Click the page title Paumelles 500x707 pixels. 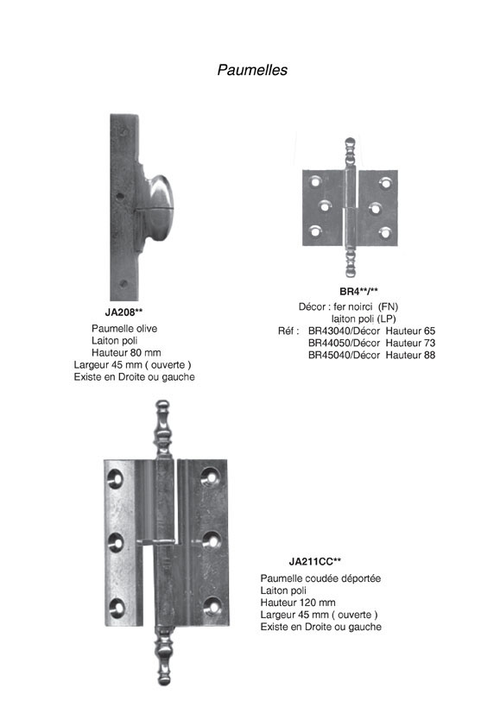(252, 70)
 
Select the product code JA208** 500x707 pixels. (123, 312)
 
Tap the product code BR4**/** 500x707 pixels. (359, 291)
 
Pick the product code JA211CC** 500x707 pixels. (314, 561)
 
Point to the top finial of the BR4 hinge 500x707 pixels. (351, 154)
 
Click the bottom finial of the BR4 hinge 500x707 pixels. (351, 261)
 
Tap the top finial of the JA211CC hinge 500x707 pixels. (162, 429)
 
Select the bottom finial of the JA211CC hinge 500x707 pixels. (163, 656)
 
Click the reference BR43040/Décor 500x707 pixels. (344, 331)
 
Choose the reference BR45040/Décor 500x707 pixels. (344, 355)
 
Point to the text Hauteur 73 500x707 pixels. (410, 343)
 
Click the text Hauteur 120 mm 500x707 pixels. (298, 603)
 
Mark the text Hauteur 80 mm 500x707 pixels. (126, 352)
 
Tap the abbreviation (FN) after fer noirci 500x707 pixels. (389, 306)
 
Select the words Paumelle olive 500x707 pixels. (124, 328)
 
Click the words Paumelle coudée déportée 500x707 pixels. (320, 578)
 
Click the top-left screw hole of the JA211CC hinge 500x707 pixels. (116, 479)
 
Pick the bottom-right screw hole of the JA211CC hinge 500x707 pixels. (212, 607)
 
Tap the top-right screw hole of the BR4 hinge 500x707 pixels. (385, 183)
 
